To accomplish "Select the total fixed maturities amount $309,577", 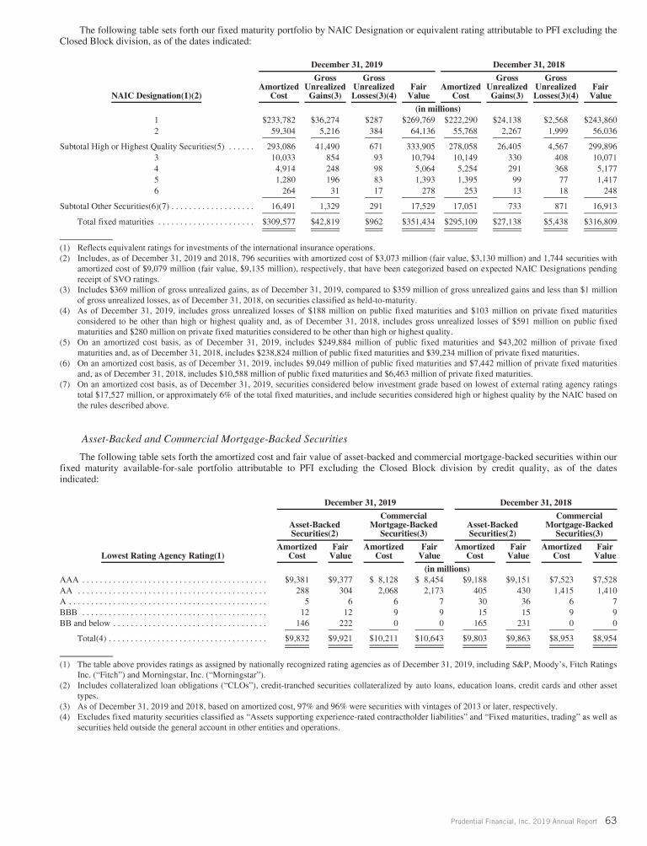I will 280,222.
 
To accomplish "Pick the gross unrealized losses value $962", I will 375,222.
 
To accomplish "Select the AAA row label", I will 68,580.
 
